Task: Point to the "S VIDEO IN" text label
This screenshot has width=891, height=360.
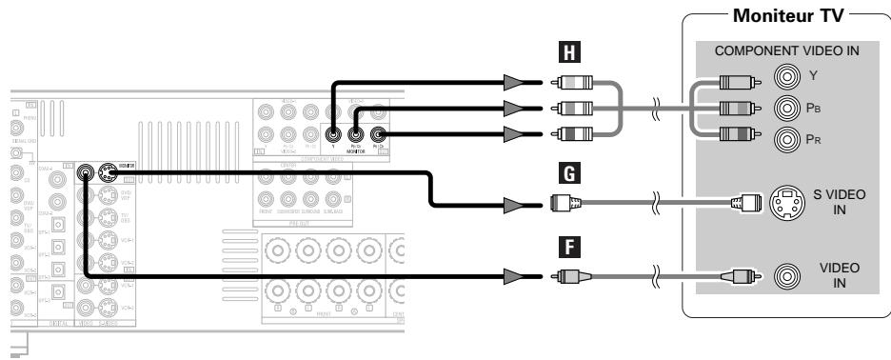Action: click(840, 202)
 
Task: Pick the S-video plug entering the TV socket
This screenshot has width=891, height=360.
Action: click(745, 201)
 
